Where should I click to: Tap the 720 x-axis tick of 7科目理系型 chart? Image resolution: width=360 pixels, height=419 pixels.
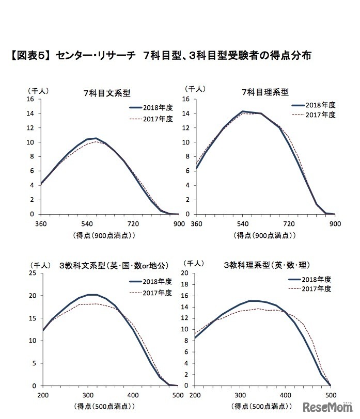(x=289, y=223)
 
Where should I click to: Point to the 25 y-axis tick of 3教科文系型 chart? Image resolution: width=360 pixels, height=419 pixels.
(x=33, y=273)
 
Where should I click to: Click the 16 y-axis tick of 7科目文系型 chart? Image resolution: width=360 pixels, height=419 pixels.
(x=33, y=99)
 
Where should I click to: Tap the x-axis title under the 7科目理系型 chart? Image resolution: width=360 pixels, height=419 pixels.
(x=265, y=235)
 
